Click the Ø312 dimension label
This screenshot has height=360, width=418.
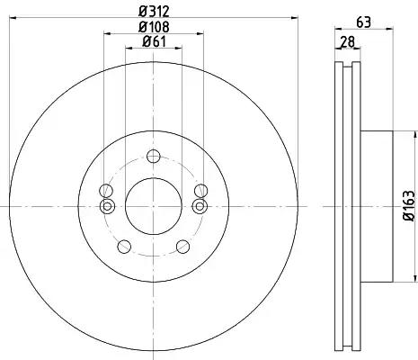tap(154, 12)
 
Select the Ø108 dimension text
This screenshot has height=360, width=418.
tap(154, 27)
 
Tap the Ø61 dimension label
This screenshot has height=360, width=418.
tap(154, 41)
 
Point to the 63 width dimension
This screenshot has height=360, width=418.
tap(363, 22)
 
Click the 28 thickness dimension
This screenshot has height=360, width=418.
tap(347, 41)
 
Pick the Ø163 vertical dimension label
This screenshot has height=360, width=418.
tap(409, 206)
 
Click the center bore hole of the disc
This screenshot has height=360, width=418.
tap(154, 206)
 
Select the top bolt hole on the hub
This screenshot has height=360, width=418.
tap(154, 157)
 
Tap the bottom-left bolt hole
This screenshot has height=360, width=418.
tap(124, 247)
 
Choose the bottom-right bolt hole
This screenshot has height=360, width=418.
tap(182, 247)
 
